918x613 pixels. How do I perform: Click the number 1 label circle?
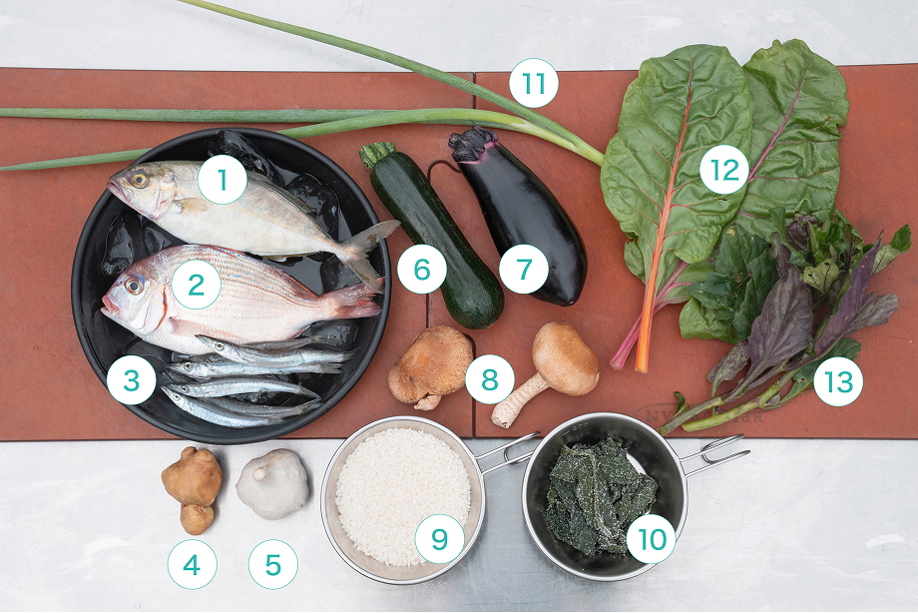[222, 180]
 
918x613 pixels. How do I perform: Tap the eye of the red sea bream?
[134, 286]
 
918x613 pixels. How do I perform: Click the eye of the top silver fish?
[139, 180]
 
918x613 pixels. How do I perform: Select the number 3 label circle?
[131, 379]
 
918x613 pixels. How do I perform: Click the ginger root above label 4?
[192, 490]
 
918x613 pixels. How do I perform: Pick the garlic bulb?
[272, 484]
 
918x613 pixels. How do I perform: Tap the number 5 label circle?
[272, 564]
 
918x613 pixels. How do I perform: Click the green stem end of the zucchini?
[376, 154]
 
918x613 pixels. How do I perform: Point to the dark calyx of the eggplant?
[472, 144]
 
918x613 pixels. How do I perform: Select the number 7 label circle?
[524, 269]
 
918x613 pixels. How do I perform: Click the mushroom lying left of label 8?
[430, 368]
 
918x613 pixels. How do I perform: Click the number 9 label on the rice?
[439, 538]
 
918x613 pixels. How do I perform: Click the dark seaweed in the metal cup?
[600, 496]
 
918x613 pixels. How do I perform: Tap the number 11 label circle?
[534, 83]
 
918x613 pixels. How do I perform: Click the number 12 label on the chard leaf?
[724, 170]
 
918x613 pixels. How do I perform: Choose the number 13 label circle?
[838, 381]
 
